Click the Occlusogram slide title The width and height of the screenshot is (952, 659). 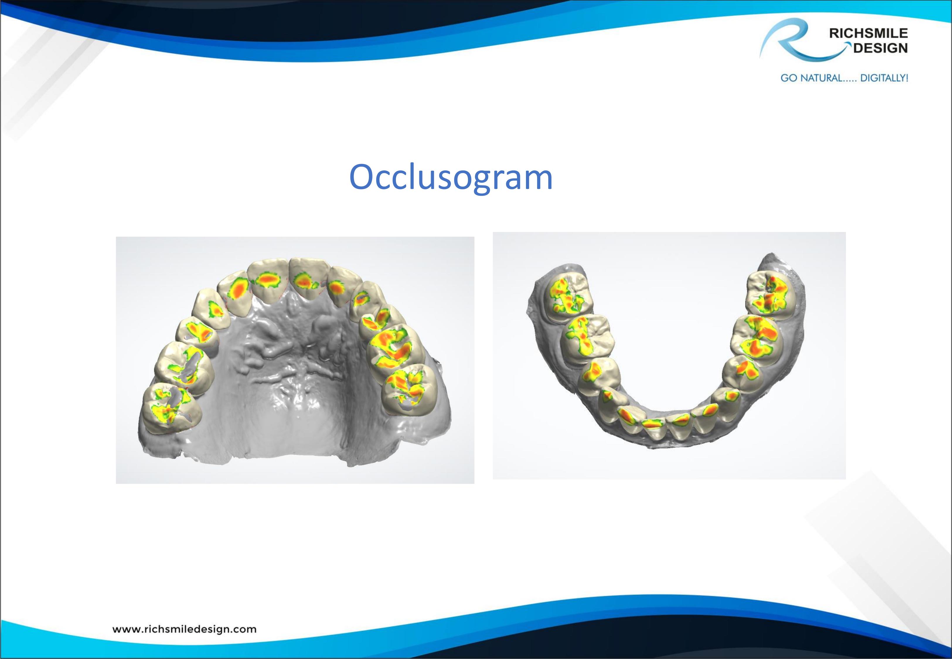[x=451, y=177]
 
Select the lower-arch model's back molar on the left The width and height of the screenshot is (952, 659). [x=569, y=295]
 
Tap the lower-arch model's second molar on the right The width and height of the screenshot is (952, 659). [x=755, y=341]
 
